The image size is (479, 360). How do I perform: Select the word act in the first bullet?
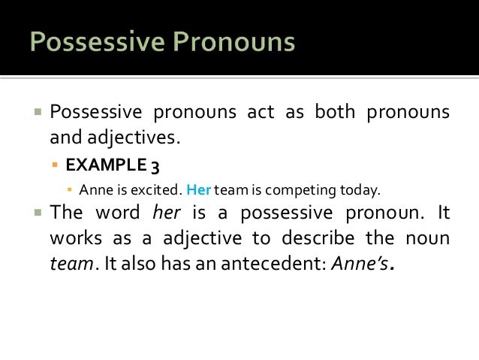(264, 114)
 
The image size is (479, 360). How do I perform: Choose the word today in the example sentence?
(352, 189)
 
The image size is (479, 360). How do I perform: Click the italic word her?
(167, 213)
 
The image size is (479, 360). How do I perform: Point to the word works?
(73, 238)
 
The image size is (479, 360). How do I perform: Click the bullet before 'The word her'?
(37, 213)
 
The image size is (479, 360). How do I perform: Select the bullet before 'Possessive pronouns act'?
(37, 114)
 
